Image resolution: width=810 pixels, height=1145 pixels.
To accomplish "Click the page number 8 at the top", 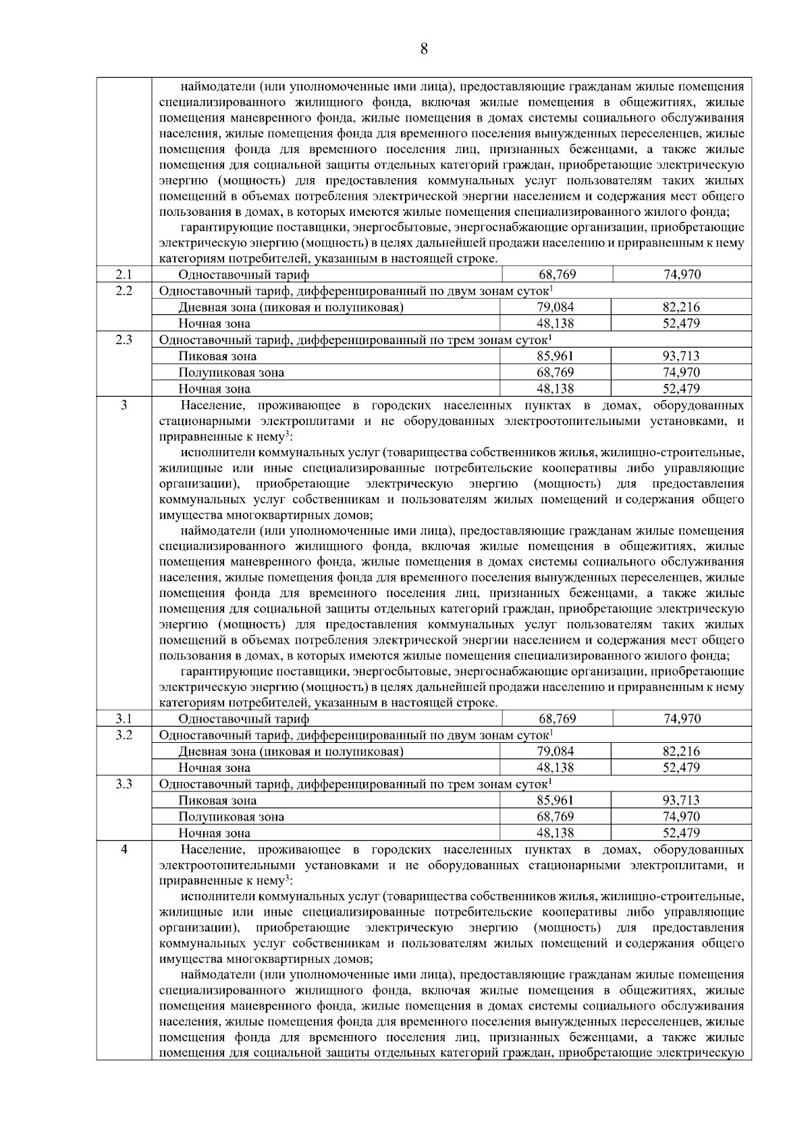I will [424, 49].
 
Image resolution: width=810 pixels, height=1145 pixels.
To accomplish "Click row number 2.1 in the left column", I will [124, 274].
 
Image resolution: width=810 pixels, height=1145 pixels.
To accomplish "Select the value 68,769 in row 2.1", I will [557, 275].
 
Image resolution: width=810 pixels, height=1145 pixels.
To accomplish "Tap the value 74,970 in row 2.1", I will [682, 275].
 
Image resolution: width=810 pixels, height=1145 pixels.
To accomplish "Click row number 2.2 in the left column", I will [124, 290].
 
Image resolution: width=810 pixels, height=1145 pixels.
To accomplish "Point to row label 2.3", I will [124, 339].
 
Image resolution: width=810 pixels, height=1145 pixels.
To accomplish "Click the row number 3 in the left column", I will [124, 404].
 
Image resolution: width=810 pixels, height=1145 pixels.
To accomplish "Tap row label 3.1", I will [124, 719].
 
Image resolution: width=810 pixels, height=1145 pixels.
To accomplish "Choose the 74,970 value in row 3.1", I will [682, 719].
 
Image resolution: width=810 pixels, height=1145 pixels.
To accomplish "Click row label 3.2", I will [124, 735].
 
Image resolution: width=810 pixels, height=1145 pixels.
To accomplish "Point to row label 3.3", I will [124, 783].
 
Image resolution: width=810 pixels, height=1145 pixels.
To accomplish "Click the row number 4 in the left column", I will [124, 849].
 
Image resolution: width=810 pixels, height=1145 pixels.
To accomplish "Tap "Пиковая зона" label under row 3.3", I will [217, 801].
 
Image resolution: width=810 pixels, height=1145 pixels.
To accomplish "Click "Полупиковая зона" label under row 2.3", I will [231, 372].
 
